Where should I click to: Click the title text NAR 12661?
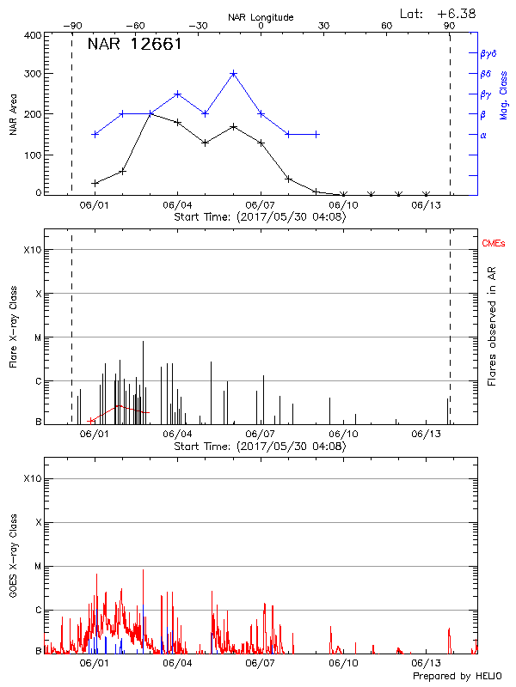tap(134, 45)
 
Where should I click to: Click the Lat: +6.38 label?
tap(439, 13)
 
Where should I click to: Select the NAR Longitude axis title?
tap(261, 16)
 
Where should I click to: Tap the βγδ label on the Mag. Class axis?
tap(488, 53)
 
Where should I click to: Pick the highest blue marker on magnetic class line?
tap(233, 74)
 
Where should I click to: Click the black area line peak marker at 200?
tap(150, 113)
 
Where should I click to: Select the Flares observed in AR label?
tap(493, 326)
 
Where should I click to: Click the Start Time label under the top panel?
tap(260, 217)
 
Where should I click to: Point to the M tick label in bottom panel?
tap(37, 566)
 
